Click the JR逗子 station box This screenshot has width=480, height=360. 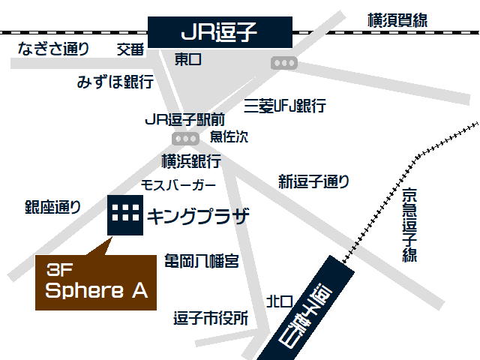220,32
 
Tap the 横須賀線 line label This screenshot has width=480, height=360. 397,20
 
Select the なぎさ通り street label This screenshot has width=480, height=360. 54,49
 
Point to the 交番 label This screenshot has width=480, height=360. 130,49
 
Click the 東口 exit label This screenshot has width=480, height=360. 188,58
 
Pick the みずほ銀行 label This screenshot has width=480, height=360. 115,82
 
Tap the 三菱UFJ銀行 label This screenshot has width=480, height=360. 285,106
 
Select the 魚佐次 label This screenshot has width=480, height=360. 229,136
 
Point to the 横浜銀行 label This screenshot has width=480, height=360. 191,160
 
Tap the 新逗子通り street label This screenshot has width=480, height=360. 313,181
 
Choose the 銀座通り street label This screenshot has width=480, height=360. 52,208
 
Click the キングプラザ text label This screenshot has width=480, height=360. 197,217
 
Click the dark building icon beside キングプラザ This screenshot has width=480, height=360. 124,215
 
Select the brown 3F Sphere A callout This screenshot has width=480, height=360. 96,282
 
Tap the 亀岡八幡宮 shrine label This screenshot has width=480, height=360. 202,261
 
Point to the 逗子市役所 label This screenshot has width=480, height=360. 209,318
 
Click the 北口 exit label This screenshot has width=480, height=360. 279,301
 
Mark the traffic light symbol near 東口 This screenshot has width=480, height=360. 284,64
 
